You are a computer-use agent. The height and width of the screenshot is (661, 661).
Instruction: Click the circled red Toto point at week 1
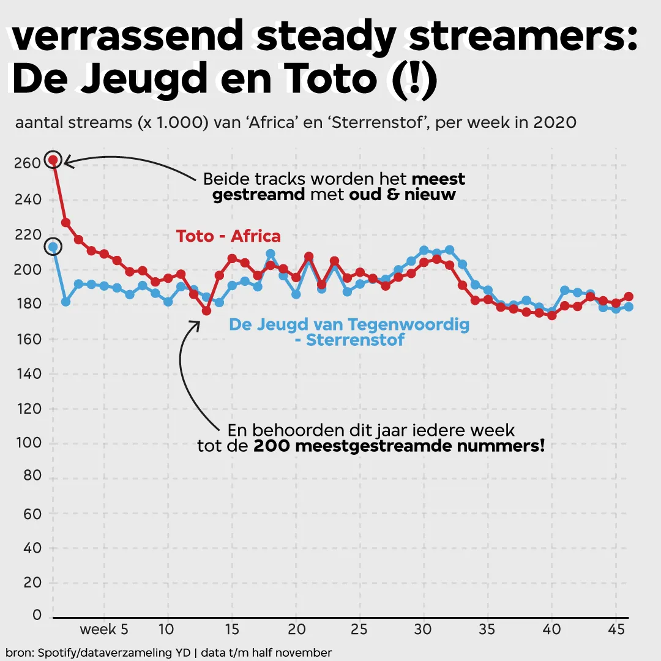(x=53, y=160)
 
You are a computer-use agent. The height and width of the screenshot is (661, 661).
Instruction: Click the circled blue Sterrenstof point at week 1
(x=53, y=247)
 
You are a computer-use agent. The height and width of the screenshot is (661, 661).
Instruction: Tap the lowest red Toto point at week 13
(x=206, y=311)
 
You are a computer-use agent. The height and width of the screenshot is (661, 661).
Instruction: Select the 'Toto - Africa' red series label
(x=228, y=236)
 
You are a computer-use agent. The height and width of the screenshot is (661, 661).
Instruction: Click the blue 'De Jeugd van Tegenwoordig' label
(x=349, y=324)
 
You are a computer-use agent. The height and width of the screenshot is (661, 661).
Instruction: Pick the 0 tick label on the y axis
(x=37, y=615)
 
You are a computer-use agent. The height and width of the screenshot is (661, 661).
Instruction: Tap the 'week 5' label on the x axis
(x=104, y=629)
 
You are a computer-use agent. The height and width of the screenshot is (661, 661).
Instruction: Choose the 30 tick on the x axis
(x=423, y=629)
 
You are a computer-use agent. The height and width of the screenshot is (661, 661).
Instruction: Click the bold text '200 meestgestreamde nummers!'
(x=398, y=446)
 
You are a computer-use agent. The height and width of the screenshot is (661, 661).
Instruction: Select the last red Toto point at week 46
(x=629, y=297)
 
